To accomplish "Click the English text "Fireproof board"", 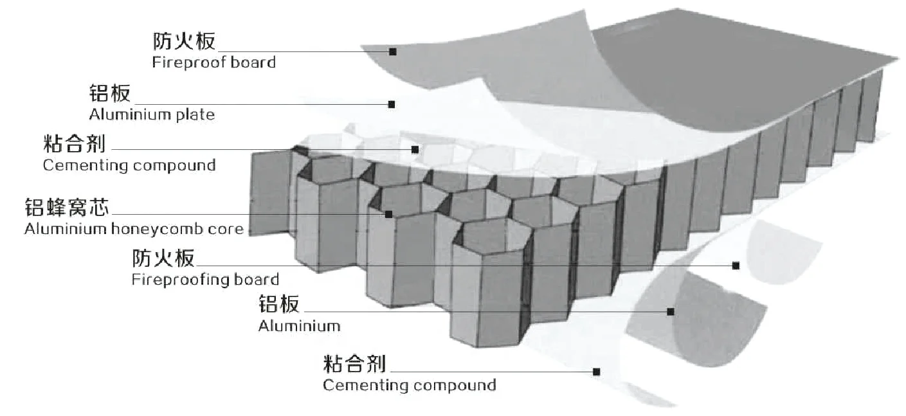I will click(x=213, y=63).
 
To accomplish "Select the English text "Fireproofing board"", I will click(x=205, y=280).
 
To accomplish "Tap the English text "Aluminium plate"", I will click(x=152, y=115).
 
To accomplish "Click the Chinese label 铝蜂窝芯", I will click(x=67, y=208).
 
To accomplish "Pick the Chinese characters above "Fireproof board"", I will click(x=184, y=42).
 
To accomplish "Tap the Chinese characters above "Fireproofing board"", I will click(x=163, y=258).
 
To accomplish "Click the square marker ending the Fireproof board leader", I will click(x=392, y=51).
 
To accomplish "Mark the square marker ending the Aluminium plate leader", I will click(x=391, y=104).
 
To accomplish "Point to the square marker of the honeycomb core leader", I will click(x=388, y=214).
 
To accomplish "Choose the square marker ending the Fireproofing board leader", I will click(x=736, y=266).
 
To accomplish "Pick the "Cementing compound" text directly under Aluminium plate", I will click(x=129, y=165).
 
